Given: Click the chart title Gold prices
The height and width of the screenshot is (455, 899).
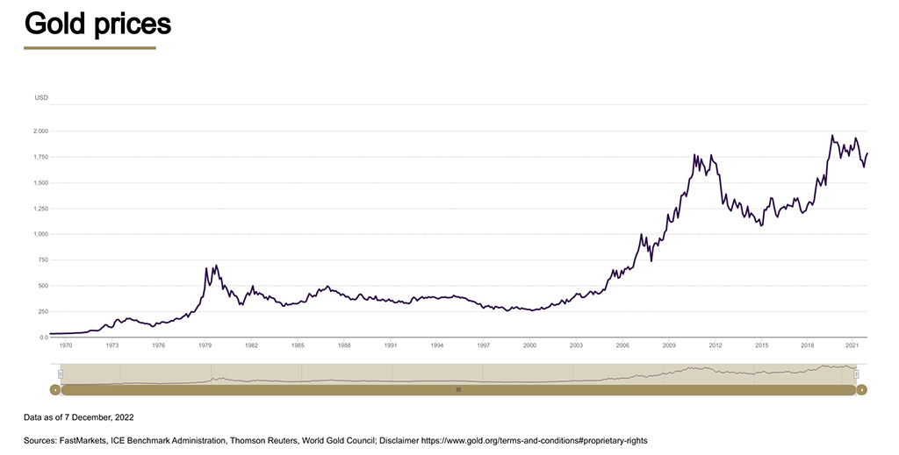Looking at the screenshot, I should tap(97, 24).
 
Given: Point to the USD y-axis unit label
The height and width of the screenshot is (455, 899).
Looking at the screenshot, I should tap(41, 97).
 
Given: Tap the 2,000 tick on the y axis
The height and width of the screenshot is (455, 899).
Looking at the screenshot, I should tap(40, 131).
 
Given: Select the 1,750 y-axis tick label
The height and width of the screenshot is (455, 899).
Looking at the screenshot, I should tap(40, 157).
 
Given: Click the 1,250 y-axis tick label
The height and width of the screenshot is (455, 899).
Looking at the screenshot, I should tap(40, 209).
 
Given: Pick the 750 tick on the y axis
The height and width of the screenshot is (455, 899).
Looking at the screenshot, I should tap(42, 260).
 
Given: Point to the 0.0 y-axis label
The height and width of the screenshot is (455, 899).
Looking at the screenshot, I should tap(43, 338).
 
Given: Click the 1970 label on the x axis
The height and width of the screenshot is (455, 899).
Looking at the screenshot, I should tap(66, 345).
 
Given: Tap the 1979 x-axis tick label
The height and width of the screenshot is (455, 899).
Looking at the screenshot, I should tap(205, 345).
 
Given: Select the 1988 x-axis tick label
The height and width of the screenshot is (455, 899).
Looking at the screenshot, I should tap(344, 345).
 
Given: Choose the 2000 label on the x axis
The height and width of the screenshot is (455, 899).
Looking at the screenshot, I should tap(529, 345).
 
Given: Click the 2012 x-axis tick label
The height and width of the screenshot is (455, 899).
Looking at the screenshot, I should tap(715, 345).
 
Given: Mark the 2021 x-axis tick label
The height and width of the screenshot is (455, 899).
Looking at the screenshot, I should tap(852, 345).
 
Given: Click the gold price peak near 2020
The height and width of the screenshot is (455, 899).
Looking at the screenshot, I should tap(832, 136).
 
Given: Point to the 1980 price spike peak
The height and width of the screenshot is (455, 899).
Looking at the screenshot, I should tap(216, 265).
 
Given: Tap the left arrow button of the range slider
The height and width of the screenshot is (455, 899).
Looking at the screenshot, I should tap(55, 389).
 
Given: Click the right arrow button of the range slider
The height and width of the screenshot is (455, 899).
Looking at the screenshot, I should tap(861, 389).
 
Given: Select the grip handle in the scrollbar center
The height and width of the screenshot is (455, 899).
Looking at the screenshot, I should tap(458, 389).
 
